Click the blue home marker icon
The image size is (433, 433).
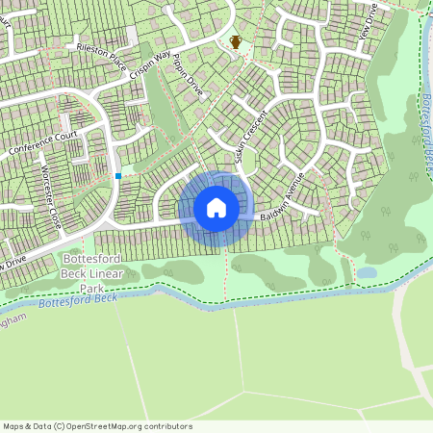(216, 208)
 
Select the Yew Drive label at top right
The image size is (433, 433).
(366, 19)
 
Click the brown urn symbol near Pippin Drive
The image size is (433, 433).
(235, 41)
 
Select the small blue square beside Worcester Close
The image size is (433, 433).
(118, 175)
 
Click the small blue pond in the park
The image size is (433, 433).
(367, 272)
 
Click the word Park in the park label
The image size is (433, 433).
(92, 288)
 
